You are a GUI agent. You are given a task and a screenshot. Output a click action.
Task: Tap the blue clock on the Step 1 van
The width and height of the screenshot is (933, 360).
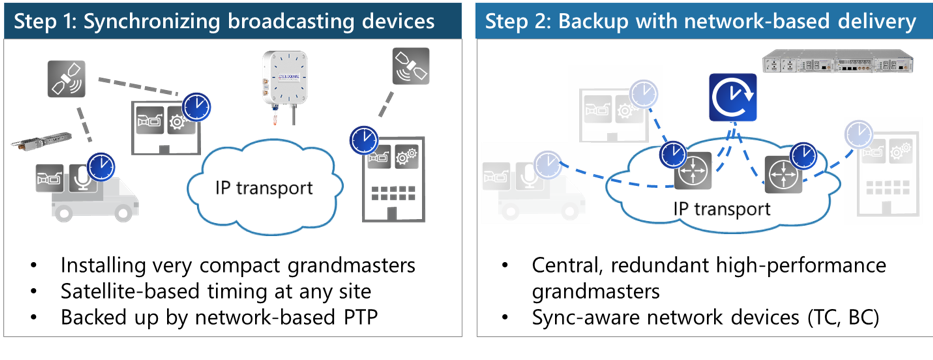[100, 166]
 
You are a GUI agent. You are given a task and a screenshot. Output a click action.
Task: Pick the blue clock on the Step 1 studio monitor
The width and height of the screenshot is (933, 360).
[198, 105]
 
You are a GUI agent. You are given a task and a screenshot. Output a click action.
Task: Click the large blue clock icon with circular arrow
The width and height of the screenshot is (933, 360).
[732, 98]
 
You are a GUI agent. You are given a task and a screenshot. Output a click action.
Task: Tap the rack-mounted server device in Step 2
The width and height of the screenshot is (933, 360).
[838, 61]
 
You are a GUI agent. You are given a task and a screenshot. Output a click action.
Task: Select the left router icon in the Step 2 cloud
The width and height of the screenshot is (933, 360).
[690, 171]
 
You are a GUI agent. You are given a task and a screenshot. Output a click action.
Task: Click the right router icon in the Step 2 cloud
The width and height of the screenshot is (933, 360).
[781, 172]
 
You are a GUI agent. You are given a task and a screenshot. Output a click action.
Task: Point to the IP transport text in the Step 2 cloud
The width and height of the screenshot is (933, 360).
[721, 209]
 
